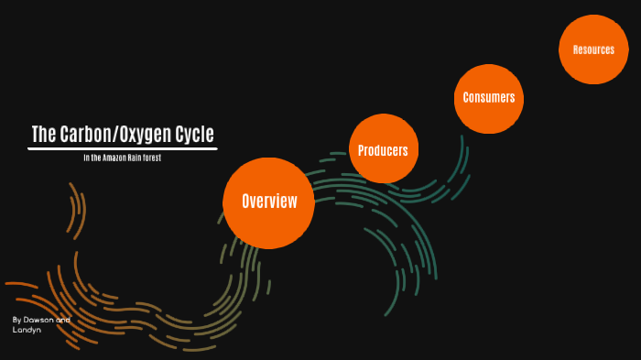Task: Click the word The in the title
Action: [44, 135]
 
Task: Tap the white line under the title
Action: [122, 148]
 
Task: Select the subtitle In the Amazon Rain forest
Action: [122, 158]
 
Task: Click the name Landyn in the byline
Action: [27, 330]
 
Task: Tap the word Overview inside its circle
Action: [269, 202]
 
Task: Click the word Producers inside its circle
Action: [383, 150]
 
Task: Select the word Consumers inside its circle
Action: [489, 97]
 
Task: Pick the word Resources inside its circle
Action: [593, 49]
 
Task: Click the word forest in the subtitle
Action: [152, 158]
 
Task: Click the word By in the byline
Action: [16, 320]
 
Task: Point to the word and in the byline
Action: [62, 320]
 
